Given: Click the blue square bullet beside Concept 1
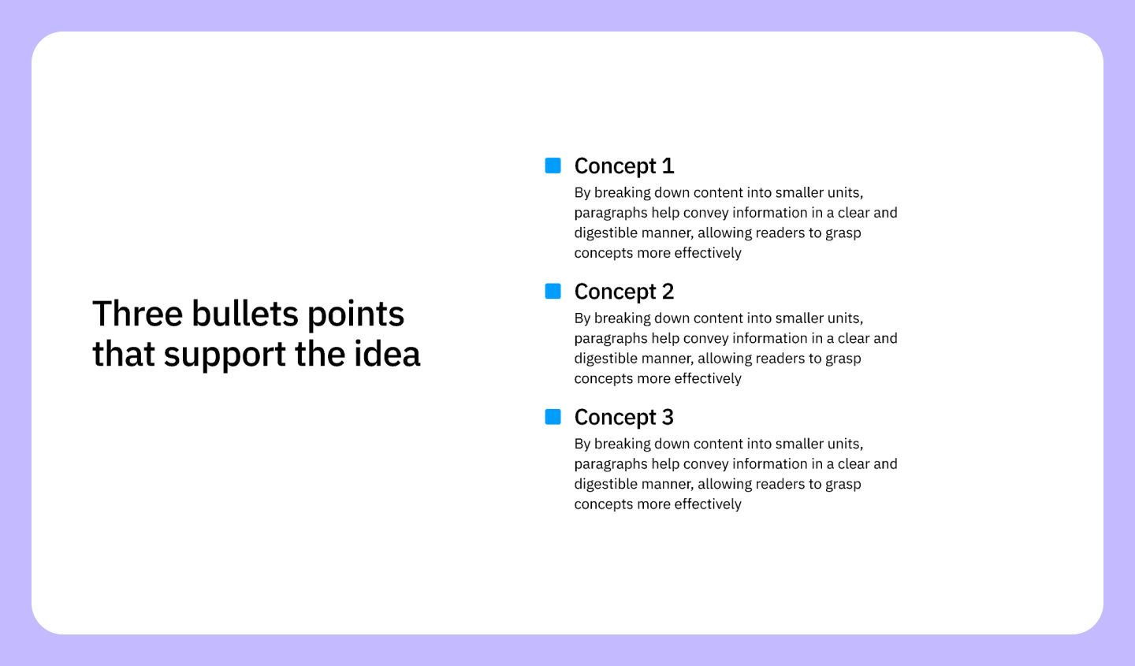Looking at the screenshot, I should point(553,166).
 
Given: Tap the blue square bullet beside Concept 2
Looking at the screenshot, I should point(553,292).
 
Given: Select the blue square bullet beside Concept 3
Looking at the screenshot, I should point(553,417).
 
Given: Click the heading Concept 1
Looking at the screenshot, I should point(623,166).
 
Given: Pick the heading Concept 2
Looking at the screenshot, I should point(623,292).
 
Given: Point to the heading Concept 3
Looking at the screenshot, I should point(623,417).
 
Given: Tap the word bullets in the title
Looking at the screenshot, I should point(244,314).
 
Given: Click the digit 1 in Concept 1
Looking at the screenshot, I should point(668,166).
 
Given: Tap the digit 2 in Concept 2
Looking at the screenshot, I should point(668,292).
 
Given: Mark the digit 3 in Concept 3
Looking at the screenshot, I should point(668,417).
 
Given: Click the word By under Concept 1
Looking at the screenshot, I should point(582,193).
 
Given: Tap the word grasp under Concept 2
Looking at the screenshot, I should point(843,359).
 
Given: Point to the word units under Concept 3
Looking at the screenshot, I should point(844,444).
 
